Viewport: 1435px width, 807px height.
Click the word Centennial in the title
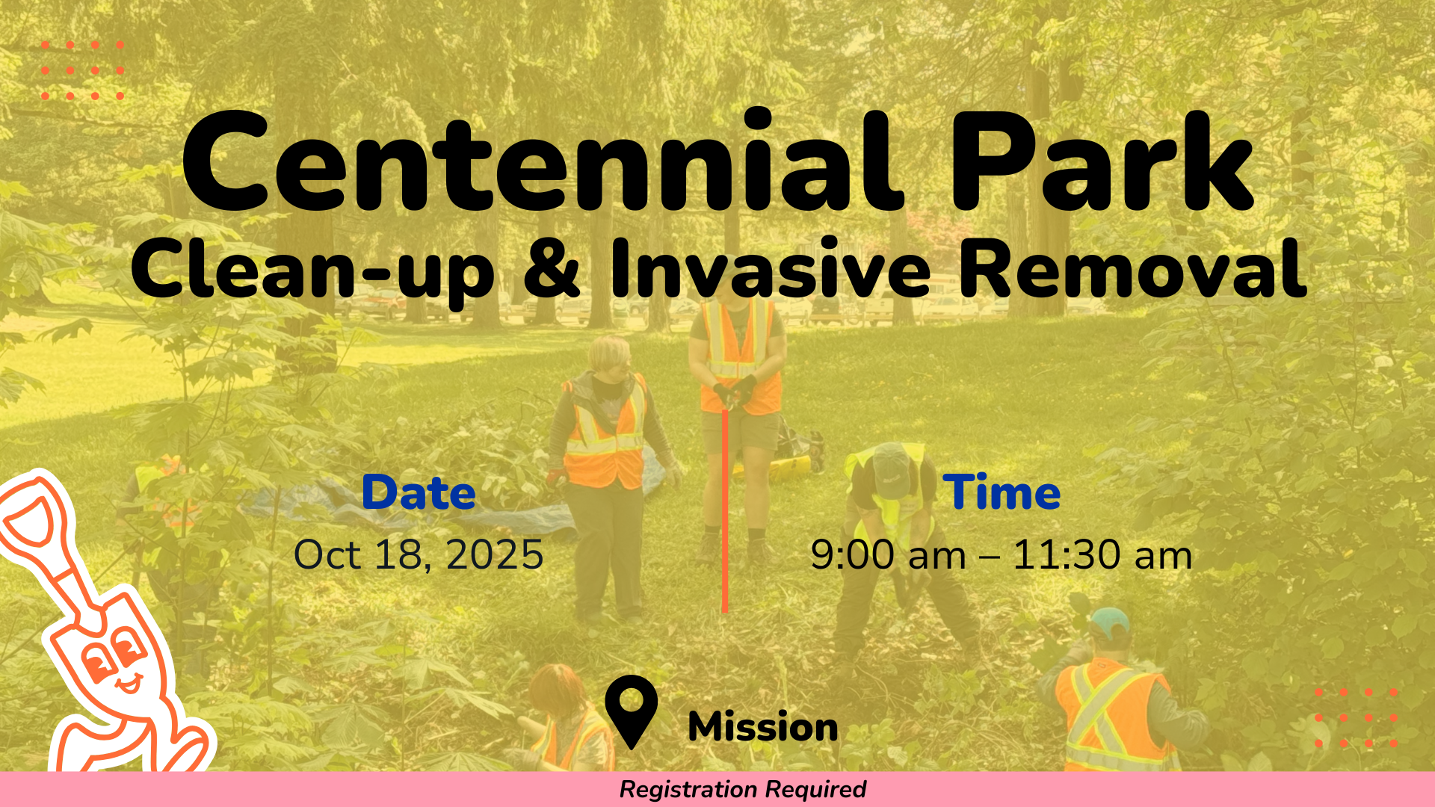(x=543, y=161)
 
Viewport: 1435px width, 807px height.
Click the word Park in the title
(x=1102, y=161)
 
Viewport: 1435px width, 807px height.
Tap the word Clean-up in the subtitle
(x=312, y=270)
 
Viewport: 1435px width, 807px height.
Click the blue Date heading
(x=419, y=492)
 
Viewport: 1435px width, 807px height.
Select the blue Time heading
(x=1002, y=492)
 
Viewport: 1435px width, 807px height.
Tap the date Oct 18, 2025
(x=419, y=554)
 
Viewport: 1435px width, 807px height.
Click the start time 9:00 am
(x=889, y=555)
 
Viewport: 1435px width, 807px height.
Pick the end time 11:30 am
(x=1102, y=555)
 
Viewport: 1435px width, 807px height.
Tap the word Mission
(x=763, y=727)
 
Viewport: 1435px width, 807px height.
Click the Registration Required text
(x=743, y=789)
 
